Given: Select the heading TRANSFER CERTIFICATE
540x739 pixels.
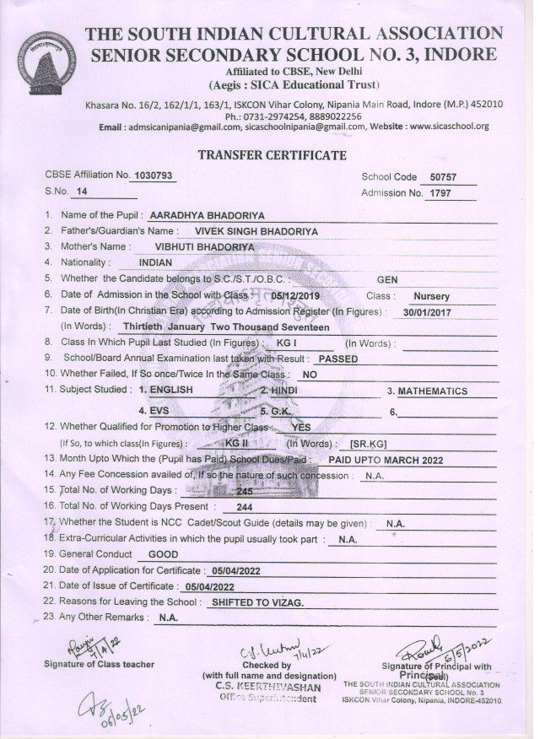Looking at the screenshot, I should point(271,155).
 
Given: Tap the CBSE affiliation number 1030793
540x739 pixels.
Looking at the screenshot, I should point(153,175).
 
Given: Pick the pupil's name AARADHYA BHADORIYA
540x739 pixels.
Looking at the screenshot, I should point(201,215).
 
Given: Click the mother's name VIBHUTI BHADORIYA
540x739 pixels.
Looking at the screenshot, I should point(205,246).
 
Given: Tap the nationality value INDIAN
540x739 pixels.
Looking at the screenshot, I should point(155,262).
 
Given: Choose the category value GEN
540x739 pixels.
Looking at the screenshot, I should point(387,279).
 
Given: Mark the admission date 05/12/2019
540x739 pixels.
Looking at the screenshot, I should point(297,296).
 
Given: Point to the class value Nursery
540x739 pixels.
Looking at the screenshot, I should point(431,296).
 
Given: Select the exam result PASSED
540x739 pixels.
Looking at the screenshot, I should point(331,359).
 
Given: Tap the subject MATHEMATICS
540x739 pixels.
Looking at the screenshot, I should point(432,391).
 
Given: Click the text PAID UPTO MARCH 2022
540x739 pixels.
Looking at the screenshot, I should point(386,460).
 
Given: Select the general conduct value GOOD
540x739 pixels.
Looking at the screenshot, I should point(163,554).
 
